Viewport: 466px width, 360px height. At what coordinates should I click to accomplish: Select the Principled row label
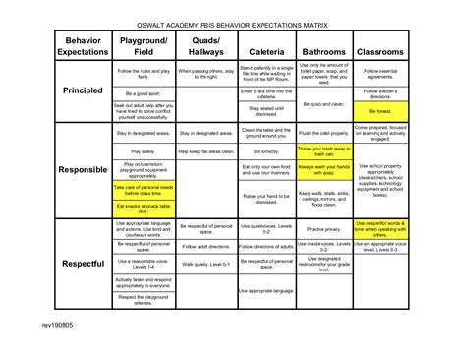(83, 90)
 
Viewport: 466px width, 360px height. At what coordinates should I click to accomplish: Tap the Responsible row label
(83, 170)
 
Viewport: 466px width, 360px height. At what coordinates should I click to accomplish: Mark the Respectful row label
(83, 264)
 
